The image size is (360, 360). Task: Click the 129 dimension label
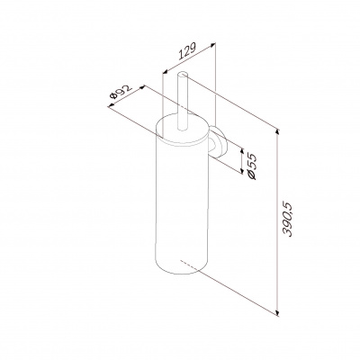pyautogui.click(x=187, y=51)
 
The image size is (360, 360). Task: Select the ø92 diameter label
pyautogui.click(x=121, y=91)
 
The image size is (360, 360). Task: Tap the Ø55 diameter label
pyautogui.click(x=252, y=166)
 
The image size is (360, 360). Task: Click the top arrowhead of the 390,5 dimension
pyautogui.click(x=277, y=132)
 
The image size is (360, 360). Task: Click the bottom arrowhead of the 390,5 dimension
pyautogui.click(x=277, y=312)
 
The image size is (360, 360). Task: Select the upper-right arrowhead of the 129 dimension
pyautogui.click(x=212, y=45)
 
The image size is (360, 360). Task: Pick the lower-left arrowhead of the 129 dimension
pyautogui.click(x=166, y=71)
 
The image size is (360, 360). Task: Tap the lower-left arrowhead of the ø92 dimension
pyautogui.click(x=112, y=104)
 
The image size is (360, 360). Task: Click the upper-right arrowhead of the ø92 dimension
pyautogui.click(x=142, y=87)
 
